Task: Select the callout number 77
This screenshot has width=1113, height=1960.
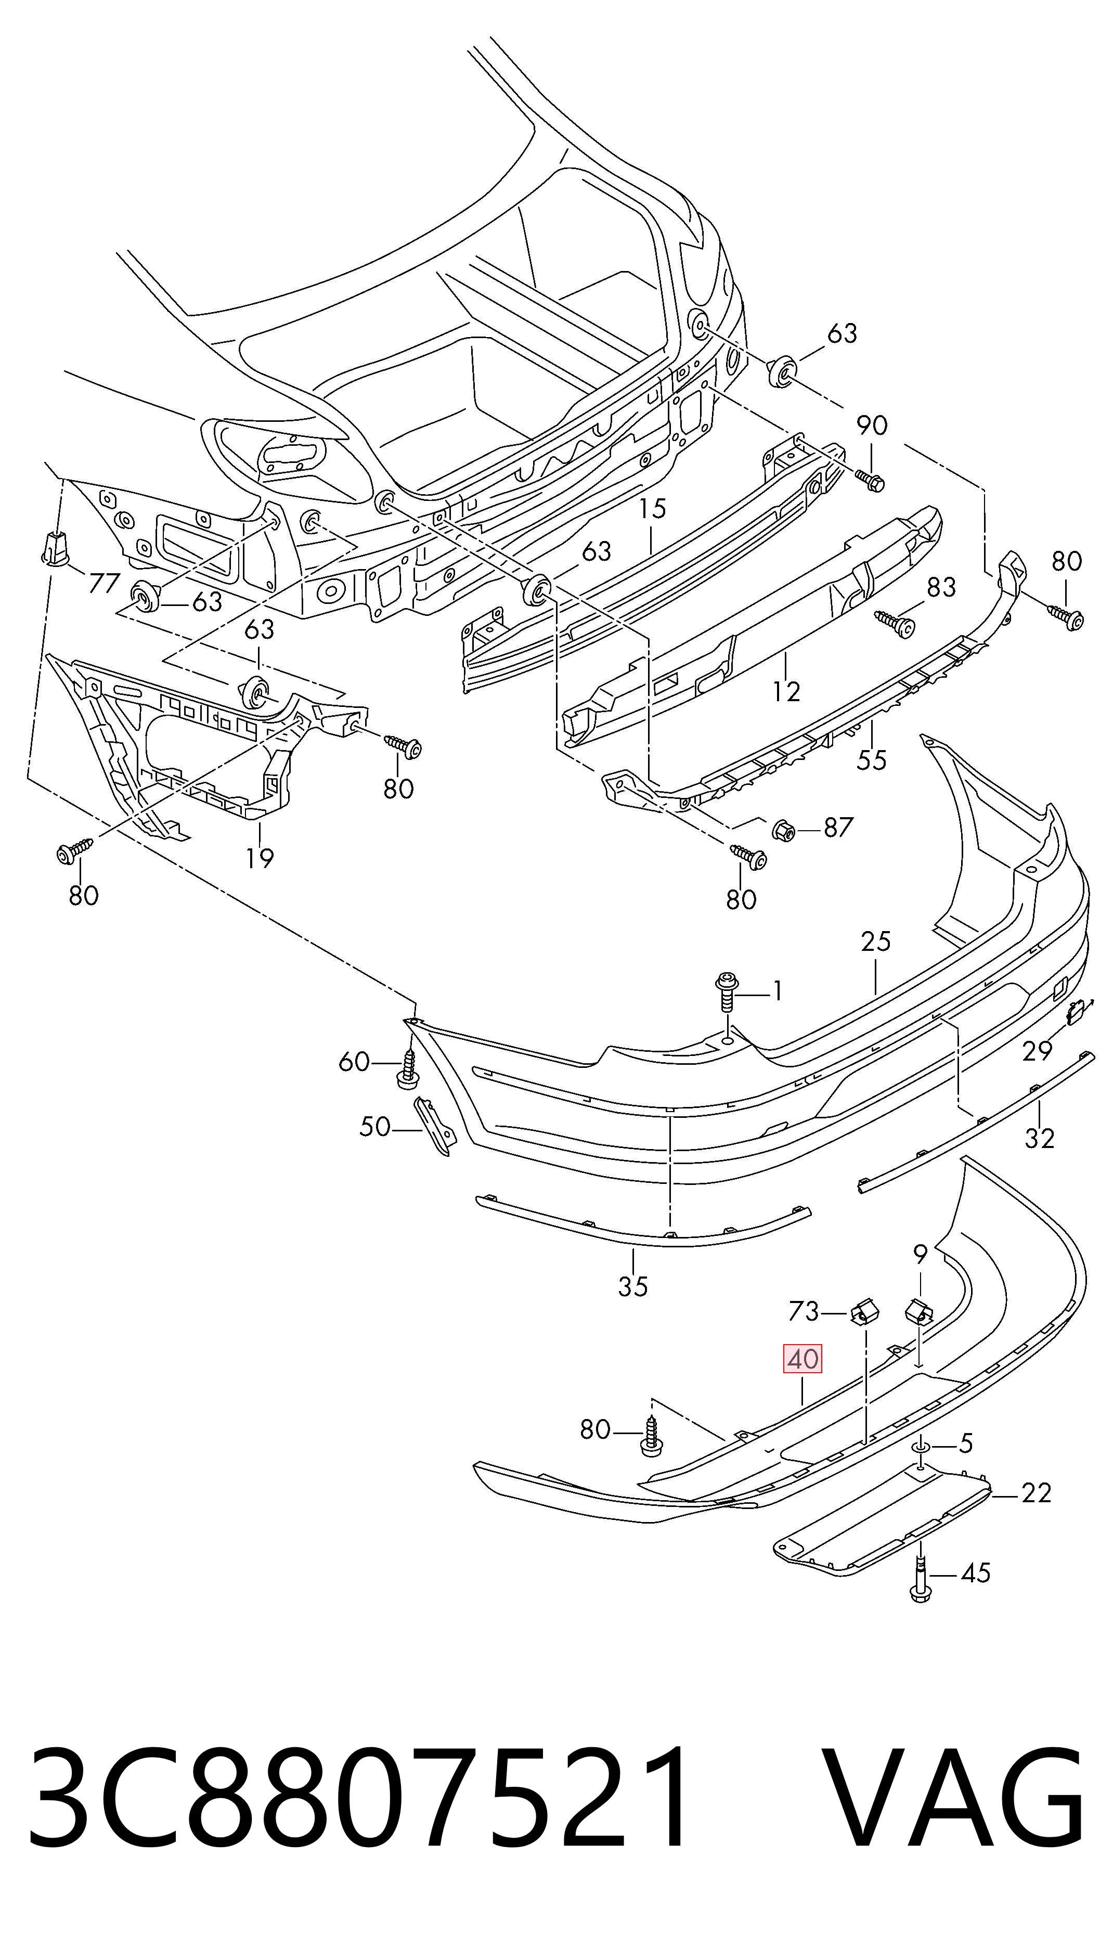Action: point(105,583)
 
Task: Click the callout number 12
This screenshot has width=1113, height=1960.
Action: point(786,691)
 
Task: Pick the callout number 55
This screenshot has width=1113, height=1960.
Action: point(872,760)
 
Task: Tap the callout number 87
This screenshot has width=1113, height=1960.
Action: point(838,827)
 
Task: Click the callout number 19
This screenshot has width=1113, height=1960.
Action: point(260,858)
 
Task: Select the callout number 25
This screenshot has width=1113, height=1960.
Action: point(876,941)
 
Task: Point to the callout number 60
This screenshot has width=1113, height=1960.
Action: point(354,1062)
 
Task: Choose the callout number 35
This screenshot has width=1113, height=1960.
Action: point(633,1286)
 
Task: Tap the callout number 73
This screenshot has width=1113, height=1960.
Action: point(804,1312)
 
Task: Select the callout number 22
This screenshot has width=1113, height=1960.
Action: point(1036,1492)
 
